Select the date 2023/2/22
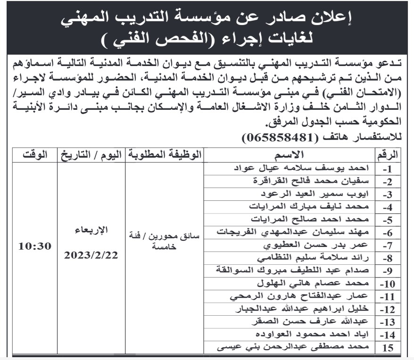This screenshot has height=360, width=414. (x=91, y=255)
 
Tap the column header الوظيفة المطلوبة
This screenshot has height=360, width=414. (x=165, y=154)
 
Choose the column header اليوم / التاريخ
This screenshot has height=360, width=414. (x=91, y=154)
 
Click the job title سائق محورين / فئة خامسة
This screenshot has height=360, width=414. (x=164, y=242)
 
